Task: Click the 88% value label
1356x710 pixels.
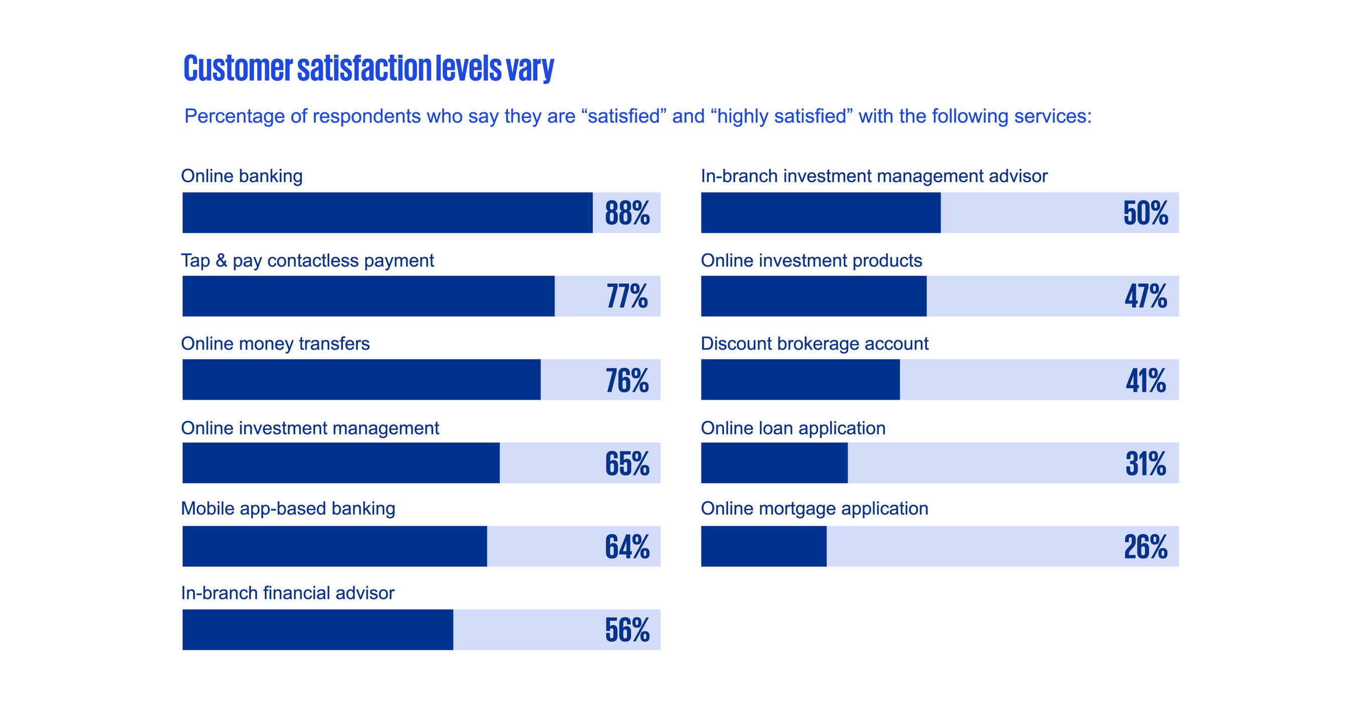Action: (627, 213)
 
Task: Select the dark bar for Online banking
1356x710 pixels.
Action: (387, 212)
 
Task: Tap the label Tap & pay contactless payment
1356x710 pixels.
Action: (307, 261)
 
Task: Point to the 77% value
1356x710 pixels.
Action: (627, 296)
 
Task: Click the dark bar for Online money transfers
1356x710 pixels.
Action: (361, 380)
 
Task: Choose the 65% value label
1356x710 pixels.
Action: (627, 463)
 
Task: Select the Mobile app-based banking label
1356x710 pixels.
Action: (287, 509)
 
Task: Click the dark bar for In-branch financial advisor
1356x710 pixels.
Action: (317, 630)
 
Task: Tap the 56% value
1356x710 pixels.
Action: (627, 630)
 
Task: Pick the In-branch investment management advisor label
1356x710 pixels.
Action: (874, 176)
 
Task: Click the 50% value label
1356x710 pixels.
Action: (1146, 213)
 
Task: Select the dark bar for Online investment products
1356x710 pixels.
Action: (813, 296)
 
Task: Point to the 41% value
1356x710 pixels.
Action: (1146, 380)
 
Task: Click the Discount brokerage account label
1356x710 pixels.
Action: (814, 343)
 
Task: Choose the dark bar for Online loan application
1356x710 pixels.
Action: (774, 463)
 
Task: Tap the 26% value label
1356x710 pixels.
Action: (1146, 546)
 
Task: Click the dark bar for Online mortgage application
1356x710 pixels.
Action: (763, 546)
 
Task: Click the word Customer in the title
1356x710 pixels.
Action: (238, 68)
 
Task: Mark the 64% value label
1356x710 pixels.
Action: (627, 546)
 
